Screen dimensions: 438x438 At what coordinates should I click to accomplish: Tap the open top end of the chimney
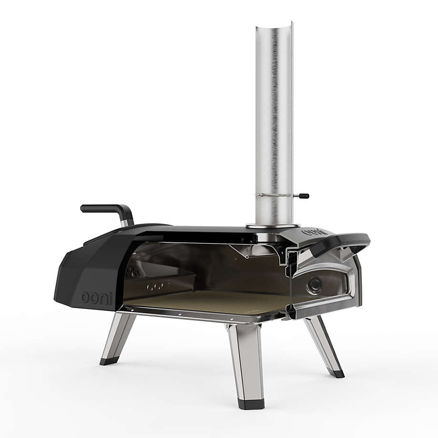[x=275, y=25]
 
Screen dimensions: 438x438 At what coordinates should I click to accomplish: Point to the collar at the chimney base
[x=273, y=225]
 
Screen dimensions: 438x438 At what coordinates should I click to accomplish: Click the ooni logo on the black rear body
[x=96, y=298]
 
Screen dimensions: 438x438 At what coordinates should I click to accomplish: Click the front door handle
[x=341, y=244]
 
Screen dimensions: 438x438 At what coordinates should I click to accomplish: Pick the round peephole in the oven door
[x=314, y=285]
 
